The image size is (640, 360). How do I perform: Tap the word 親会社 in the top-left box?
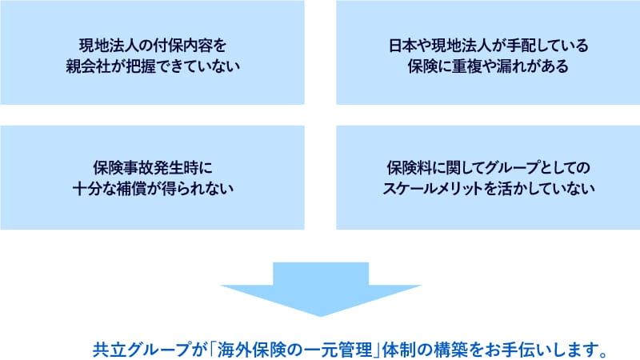pos(88,66)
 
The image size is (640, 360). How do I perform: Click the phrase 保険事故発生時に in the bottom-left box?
pos(153,168)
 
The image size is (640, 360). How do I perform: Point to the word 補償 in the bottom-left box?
pos(132,189)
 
